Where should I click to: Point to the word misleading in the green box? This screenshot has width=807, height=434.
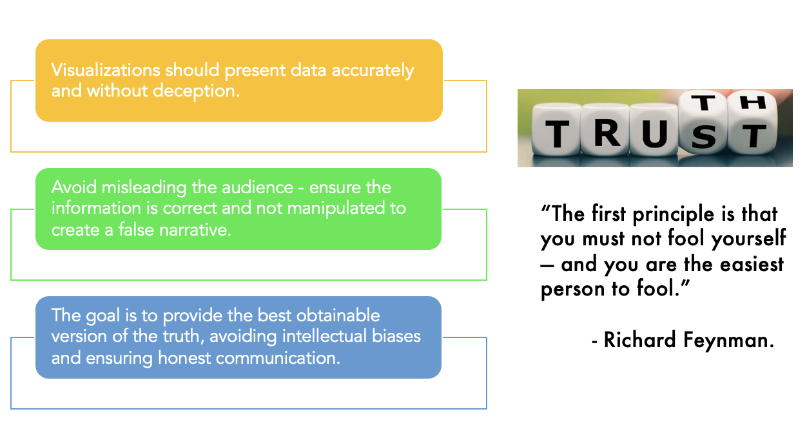point(131,187)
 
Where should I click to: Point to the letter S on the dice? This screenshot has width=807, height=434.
point(705,137)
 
